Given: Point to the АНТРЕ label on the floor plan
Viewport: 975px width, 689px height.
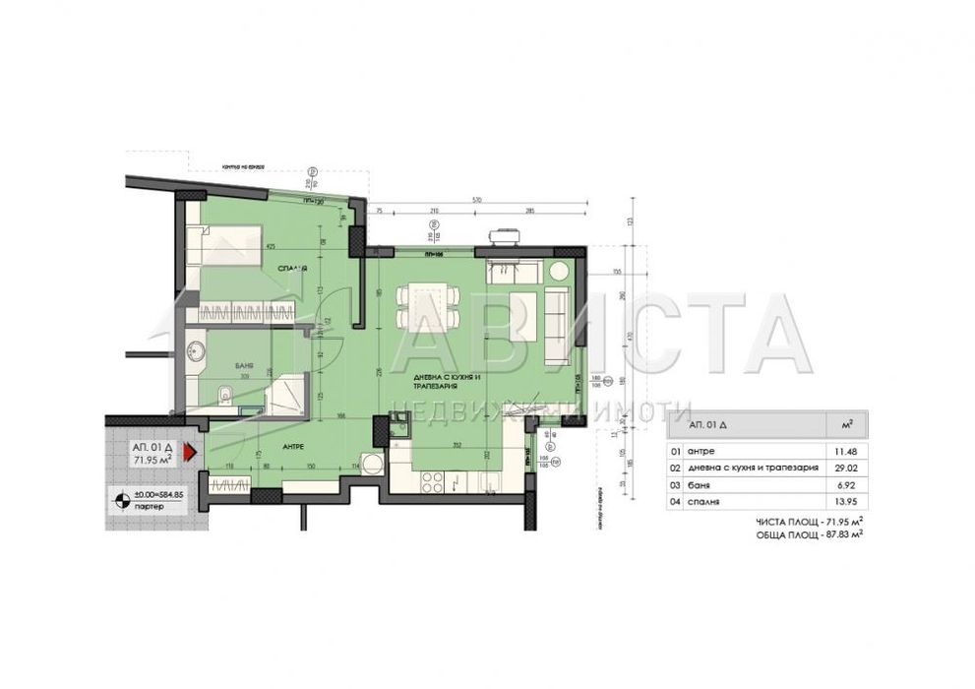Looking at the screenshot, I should click(x=292, y=445).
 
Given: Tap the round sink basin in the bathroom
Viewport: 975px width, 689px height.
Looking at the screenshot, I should click(x=197, y=349).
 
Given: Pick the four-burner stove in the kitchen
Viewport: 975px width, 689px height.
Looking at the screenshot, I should click(x=431, y=480).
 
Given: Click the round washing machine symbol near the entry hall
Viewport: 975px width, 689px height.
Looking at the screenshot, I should click(x=371, y=463).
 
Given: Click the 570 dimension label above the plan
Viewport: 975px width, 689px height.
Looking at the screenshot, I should click(x=478, y=200).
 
